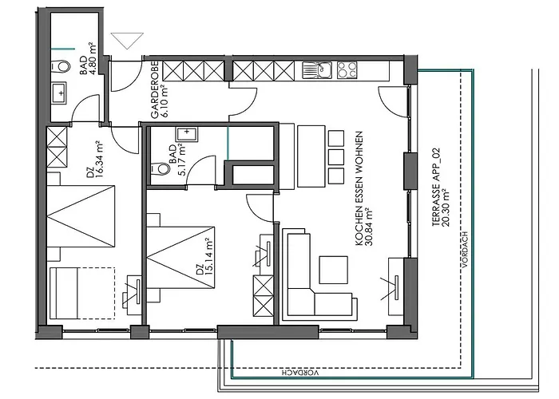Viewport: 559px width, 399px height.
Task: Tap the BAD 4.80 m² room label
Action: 86,58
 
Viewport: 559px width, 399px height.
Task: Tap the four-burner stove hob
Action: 348,70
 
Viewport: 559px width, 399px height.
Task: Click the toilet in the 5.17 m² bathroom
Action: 160,168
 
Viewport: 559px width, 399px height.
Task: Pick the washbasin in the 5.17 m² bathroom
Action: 190,133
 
